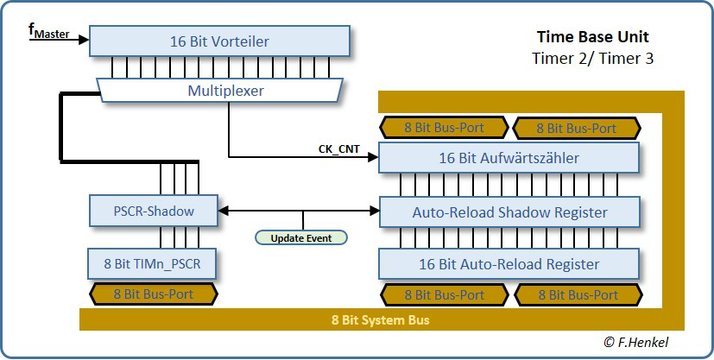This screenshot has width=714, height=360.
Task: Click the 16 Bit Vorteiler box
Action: coord(219,41)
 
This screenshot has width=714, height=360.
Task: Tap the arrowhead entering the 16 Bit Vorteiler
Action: coord(84,39)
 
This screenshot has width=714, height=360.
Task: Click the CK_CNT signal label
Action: coord(338,149)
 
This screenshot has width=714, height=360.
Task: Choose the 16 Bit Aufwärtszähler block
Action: coord(509,158)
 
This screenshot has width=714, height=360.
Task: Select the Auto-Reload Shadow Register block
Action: coord(509,212)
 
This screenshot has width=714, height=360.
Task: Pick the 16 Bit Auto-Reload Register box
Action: coord(509,263)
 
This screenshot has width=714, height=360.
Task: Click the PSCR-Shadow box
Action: coord(154,211)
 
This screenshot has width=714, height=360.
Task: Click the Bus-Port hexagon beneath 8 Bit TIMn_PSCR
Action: coord(154,294)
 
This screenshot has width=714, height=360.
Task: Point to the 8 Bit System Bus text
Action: coord(382,320)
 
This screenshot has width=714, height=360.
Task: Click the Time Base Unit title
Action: coord(592,37)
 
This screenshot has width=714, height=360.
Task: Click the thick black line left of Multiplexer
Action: coord(61,125)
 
